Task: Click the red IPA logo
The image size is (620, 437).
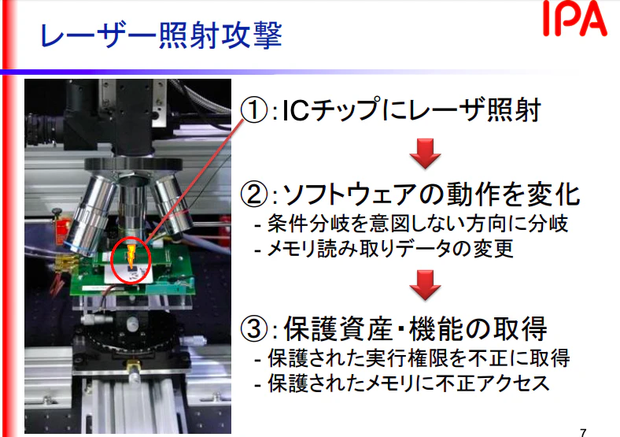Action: [575, 19]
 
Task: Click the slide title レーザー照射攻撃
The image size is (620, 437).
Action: [161, 35]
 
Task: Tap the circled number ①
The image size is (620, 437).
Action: [254, 110]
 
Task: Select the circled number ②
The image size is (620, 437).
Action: [254, 194]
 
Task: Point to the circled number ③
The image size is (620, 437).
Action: [254, 328]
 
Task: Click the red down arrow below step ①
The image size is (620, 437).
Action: [425, 154]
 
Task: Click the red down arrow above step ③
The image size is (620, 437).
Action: [425, 285]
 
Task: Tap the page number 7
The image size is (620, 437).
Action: [583, 432]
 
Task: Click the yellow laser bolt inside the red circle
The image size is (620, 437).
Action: [131, 255]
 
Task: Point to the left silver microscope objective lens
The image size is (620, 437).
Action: [90, 213]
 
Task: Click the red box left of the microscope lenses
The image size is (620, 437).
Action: [61, 227]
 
